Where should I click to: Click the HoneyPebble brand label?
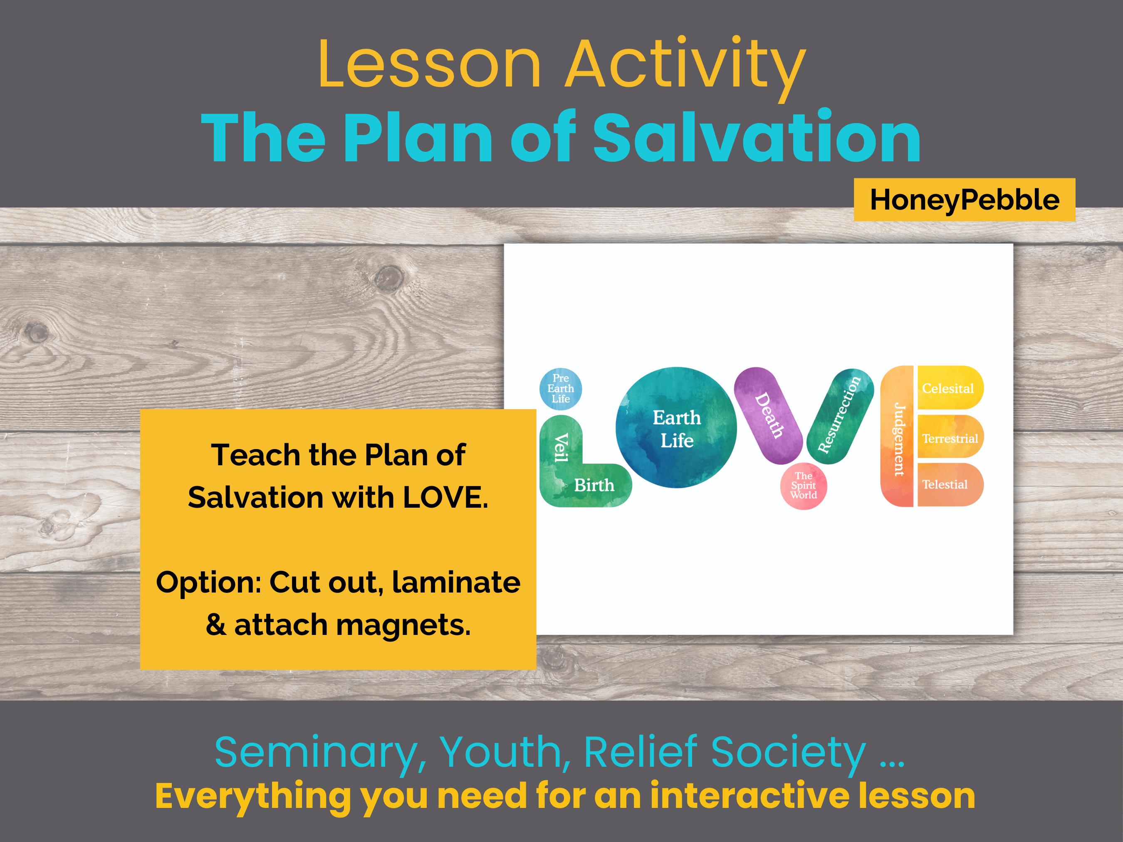coord(964,200)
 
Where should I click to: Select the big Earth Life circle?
coord(676,428)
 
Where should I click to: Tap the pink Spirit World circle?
coord(803,486)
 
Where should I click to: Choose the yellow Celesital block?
coord(948,388)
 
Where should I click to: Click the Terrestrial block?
coord(950,437)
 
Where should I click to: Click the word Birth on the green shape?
coord(594,486)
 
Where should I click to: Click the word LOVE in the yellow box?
coord(445,497)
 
